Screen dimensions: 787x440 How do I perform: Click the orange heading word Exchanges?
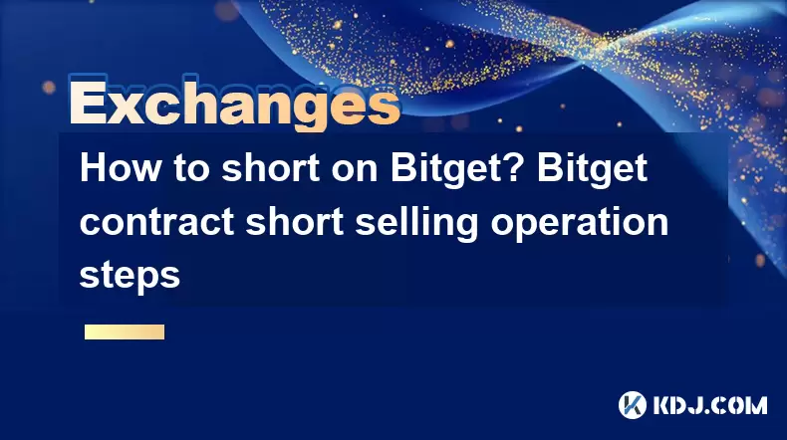tap(235, 104)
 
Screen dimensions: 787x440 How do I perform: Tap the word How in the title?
tap(119, 168)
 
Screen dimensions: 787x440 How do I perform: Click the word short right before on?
tap(271, 168)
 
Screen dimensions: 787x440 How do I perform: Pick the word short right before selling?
tap(295, 222)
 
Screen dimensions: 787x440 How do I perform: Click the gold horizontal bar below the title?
tap(125, 332)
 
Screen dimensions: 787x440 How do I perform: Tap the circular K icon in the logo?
tap(633, 405)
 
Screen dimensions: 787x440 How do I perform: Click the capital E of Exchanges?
tap(88, 104)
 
